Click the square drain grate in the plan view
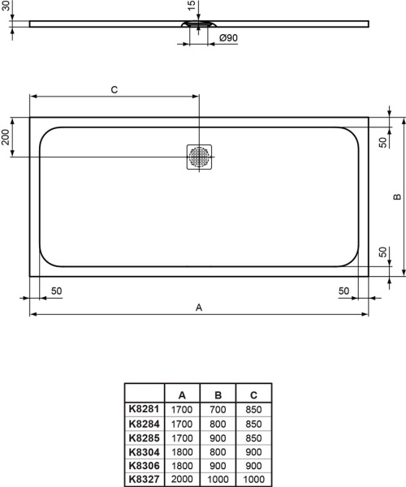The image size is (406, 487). point(199,157)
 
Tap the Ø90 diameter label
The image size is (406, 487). point(228,38)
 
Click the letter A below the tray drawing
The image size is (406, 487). point(198,307)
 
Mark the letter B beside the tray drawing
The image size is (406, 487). point(396,197)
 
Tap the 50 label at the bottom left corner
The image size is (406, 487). point(57,291)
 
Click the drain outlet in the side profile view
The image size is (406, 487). point(199,24)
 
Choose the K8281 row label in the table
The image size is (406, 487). point(143,411)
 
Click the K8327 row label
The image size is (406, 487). point(143,480)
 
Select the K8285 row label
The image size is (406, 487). point(143,438)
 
